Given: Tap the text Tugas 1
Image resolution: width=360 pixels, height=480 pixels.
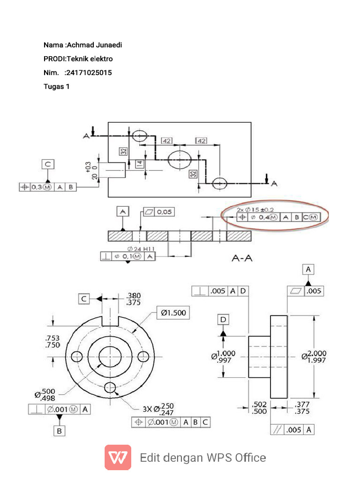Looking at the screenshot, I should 56,86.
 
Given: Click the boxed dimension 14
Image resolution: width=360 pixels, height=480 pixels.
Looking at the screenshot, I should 139,164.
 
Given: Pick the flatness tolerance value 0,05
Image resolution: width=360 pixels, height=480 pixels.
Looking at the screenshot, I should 164,212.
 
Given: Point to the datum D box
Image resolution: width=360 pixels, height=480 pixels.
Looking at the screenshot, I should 223,320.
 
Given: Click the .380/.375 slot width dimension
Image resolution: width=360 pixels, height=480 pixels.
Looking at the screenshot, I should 134,299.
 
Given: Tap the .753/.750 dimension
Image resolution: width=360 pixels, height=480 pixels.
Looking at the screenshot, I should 52,341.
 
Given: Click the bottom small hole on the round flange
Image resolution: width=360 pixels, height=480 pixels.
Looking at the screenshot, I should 111,387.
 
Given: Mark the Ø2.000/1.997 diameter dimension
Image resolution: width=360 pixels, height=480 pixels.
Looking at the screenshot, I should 315,356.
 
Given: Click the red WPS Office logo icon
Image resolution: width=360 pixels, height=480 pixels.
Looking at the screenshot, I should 118,457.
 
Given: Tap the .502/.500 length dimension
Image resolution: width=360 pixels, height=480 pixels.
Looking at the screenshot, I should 259,407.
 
